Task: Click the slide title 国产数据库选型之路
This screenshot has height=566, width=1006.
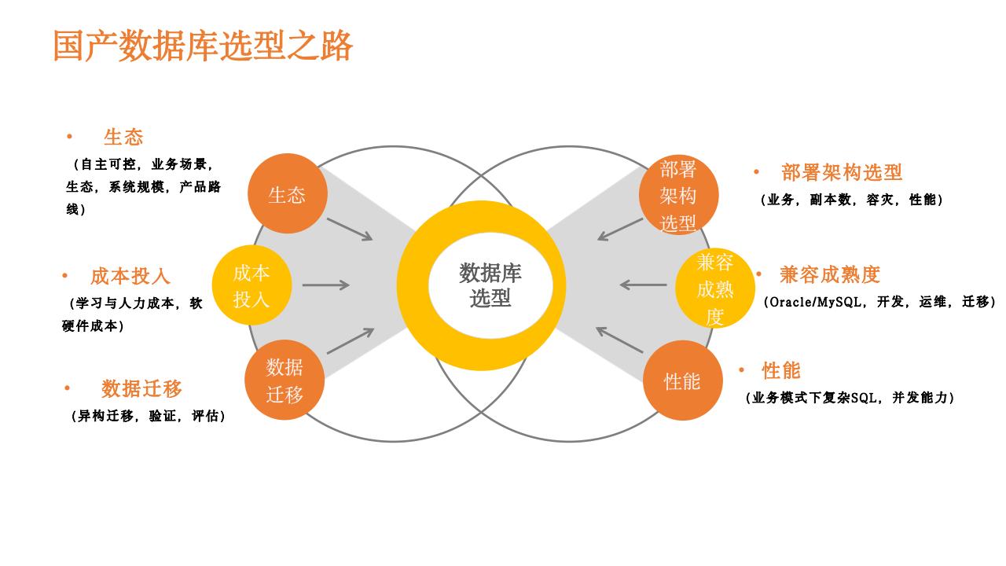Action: click(x=203, y=46)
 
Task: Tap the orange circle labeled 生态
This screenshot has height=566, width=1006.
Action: click(x=287, y=193)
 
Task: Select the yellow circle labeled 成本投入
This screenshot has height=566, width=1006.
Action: click(x=251, y=285)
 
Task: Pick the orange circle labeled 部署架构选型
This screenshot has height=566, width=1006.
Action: click(x=678, y=196)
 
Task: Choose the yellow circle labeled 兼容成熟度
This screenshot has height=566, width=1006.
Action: click(x=715, y=289)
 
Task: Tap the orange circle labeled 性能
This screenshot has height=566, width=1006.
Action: click(x=682, y=381)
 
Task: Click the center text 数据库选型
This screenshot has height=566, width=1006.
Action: click(x=490, y=285)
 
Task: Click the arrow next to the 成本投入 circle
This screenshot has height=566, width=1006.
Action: click(x=326, y=285)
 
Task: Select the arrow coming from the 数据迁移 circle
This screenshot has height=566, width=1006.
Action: click(x=351, y=341)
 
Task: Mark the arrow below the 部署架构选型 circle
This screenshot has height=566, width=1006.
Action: click(x=620, y=229)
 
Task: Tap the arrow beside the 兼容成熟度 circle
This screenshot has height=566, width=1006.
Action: click(x=643, y=285)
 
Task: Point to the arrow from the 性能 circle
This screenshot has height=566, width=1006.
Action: click(x=619, y=340)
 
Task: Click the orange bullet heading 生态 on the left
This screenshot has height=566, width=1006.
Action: click(x=123, y=137)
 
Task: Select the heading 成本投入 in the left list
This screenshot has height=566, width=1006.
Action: click(x=130, y=276)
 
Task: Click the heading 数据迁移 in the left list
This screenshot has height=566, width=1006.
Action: click(x=141, y=388)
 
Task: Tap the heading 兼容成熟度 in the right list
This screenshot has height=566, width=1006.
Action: click(x=830, y=274)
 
